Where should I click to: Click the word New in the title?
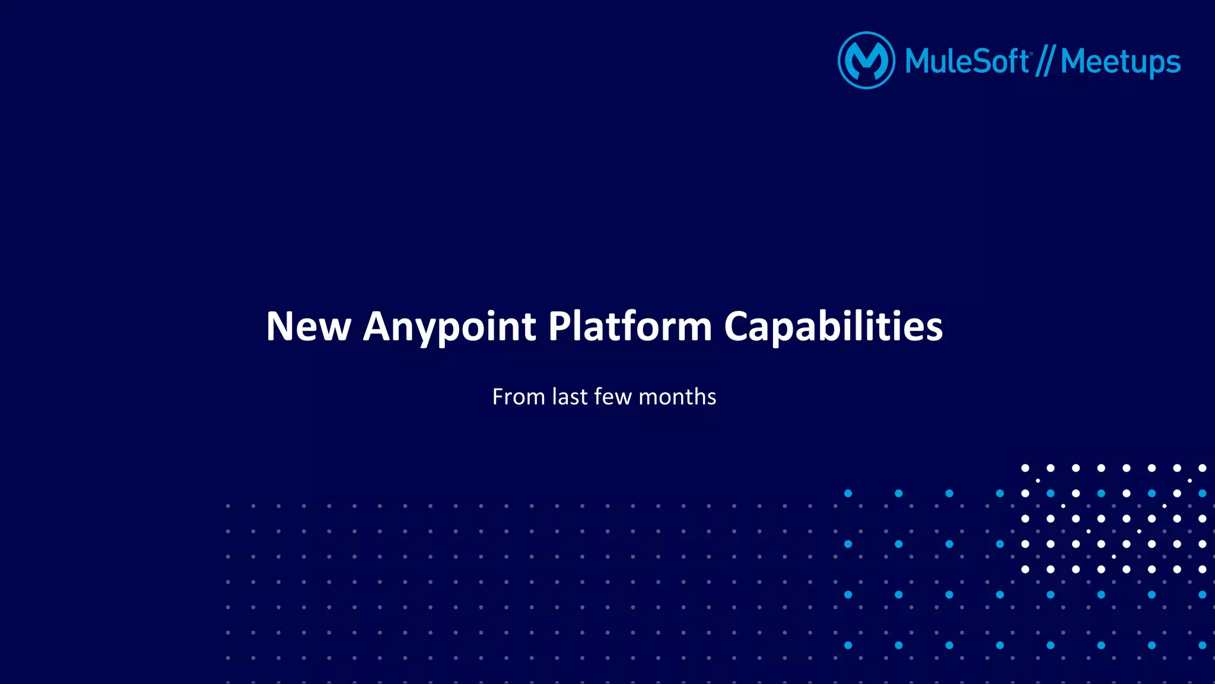click(308, 326)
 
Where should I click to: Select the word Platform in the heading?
click(629, 326)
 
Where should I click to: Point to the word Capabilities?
click(833, 327)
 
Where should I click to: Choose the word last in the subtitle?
click(570, 397)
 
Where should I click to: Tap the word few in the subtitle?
click(613, 397)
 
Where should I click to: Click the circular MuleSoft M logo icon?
click(866, 61)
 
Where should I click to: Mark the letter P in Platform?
click(559, 326)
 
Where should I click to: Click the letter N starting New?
click(280, 326)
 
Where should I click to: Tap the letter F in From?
click(498, 397)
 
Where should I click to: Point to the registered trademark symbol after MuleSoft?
click(1032, 53)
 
